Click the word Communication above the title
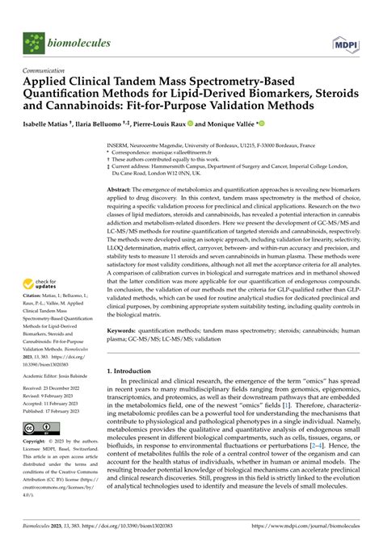(x=48, y=70)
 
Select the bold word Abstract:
(x=124, y=188)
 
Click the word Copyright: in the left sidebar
(x=38, y=464)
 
